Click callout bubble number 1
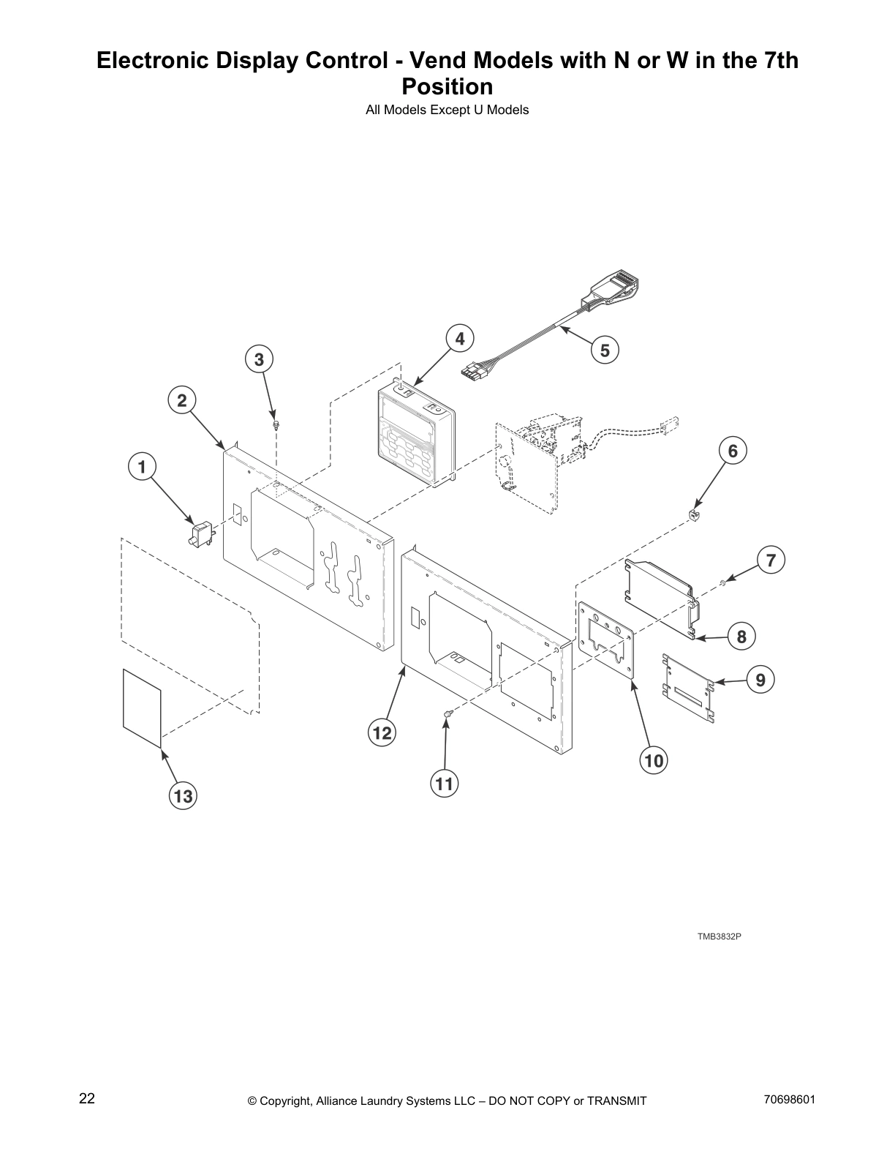[x=142, y=466]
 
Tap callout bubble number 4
[x=459, y=339]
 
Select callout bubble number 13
[x=183, y=795]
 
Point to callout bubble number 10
[x=654, y=761]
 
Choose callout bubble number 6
[x=733, y=451]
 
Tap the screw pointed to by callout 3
[x=276, y=424]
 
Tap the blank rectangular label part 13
[x=142, y=708]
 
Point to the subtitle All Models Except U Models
[x=447, y=110]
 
